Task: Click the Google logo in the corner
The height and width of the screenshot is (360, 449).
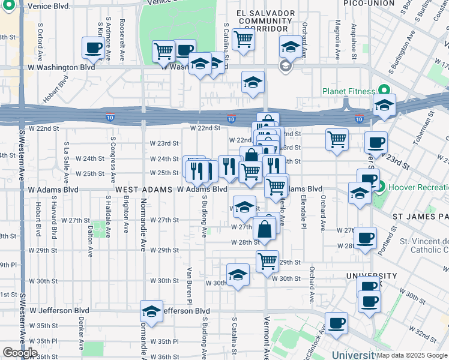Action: coord(20,353)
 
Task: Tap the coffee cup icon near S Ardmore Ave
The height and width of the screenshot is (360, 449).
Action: coord(93,48)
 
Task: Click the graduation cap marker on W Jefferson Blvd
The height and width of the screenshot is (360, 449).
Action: coord(151,311)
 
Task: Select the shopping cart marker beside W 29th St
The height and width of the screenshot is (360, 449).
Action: coord(267,260)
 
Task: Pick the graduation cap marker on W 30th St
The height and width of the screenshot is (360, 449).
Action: coord(238,275)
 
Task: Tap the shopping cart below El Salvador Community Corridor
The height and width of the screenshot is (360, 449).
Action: coord(243,39)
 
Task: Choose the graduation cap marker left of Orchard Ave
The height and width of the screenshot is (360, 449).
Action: coord(291,46)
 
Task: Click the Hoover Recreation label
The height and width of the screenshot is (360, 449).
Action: coord(418,187)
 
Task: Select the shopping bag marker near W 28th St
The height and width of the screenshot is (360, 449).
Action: coord(264,229)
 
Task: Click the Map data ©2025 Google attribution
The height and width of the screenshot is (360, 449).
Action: coord(412,355)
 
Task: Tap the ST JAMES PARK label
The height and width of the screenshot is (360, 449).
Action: coord(420,215)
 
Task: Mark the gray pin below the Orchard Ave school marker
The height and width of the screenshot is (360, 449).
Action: coord(286,65)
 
